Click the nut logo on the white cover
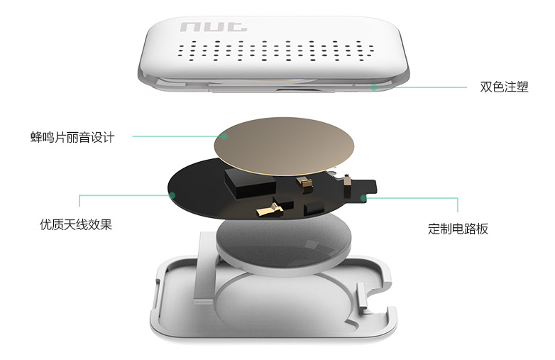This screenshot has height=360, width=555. coord(214,27)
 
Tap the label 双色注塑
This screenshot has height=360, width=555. coord(504,87)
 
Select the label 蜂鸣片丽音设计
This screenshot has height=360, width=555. coord(72,137)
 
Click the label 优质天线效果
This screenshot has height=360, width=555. coord(76,224)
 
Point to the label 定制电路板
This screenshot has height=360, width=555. coord(458,229)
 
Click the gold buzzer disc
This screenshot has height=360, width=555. coord(284,146)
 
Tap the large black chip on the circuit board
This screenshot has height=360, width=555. coord(250,182)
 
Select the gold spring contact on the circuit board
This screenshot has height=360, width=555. coord(270,209)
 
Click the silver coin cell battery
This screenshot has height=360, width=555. coord(283,244)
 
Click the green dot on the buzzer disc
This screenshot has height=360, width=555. coord(224,136)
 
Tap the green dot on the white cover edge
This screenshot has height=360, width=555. coord(374,87)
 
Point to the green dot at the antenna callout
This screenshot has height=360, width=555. coord(172,195)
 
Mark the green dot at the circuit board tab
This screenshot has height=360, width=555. coord(363,198)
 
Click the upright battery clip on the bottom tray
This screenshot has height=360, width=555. coord(204,268)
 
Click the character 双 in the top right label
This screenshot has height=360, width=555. coord(486,87)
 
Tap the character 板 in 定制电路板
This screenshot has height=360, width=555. coord(482,229)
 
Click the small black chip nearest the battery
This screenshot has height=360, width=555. coord(314,208)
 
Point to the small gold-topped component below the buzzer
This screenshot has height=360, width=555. coord(304,185)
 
